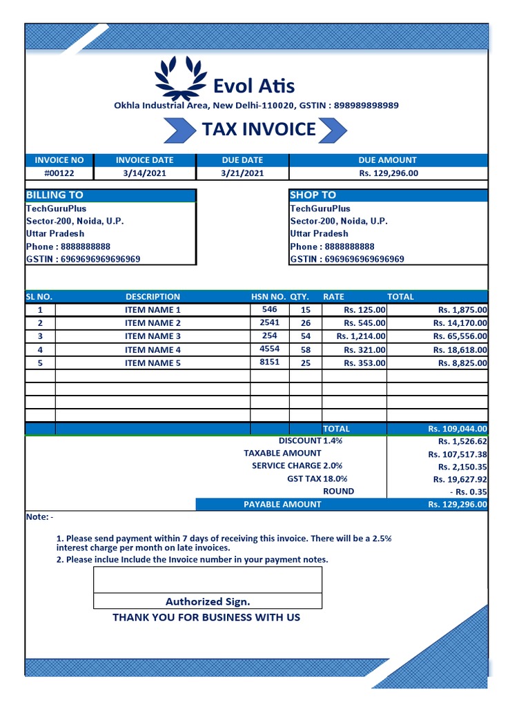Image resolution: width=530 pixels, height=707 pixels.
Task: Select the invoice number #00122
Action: (x=59, y=173)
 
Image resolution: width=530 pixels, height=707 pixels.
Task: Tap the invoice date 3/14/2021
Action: (x=145, y=173)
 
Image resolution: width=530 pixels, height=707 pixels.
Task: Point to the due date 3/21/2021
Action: (x=242, y=173)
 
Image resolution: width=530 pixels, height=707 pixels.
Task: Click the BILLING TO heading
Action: (x=55, y=195)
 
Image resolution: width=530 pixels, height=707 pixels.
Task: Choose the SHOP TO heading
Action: (x=313, y=195)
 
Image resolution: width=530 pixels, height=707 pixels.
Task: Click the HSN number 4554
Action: (x=269, y=349)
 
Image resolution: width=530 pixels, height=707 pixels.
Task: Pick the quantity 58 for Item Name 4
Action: (x=306, y=350)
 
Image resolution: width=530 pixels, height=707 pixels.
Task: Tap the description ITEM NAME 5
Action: (x=153, y=363)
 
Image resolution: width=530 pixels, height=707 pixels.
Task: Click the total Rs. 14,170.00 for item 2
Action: (x=460, y=323)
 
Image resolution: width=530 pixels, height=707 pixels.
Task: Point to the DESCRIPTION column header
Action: (x=153, y=297)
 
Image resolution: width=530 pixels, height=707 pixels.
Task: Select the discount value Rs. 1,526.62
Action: (x=462, y=441)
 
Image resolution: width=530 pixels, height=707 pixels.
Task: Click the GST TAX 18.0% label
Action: (x=317, y=478)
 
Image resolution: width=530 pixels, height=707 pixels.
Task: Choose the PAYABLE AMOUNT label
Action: (x=282, y=505)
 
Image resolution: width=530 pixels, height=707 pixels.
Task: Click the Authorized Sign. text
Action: (x=208, y=601)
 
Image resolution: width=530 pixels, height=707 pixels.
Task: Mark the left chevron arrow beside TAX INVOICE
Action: (x=178, y=130)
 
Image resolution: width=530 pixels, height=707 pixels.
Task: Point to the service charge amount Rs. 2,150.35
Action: (x=460, y=467)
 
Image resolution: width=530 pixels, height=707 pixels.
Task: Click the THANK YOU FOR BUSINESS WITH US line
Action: (x=206, y=617)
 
